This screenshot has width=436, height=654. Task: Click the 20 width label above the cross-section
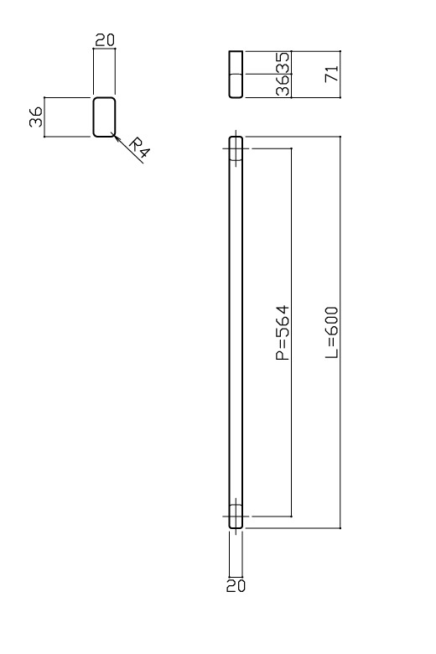tap(104, 40)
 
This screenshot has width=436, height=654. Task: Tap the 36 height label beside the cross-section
tap(36, 117)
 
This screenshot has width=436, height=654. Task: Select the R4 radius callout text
tap(138, 148)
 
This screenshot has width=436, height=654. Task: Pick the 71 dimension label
tap(332, 74)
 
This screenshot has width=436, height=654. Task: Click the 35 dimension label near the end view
tap(283, 63)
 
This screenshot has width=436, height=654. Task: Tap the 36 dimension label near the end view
tap(283, 86)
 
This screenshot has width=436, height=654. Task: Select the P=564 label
tap(283, 332)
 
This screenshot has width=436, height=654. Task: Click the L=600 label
tap(332, 332)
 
